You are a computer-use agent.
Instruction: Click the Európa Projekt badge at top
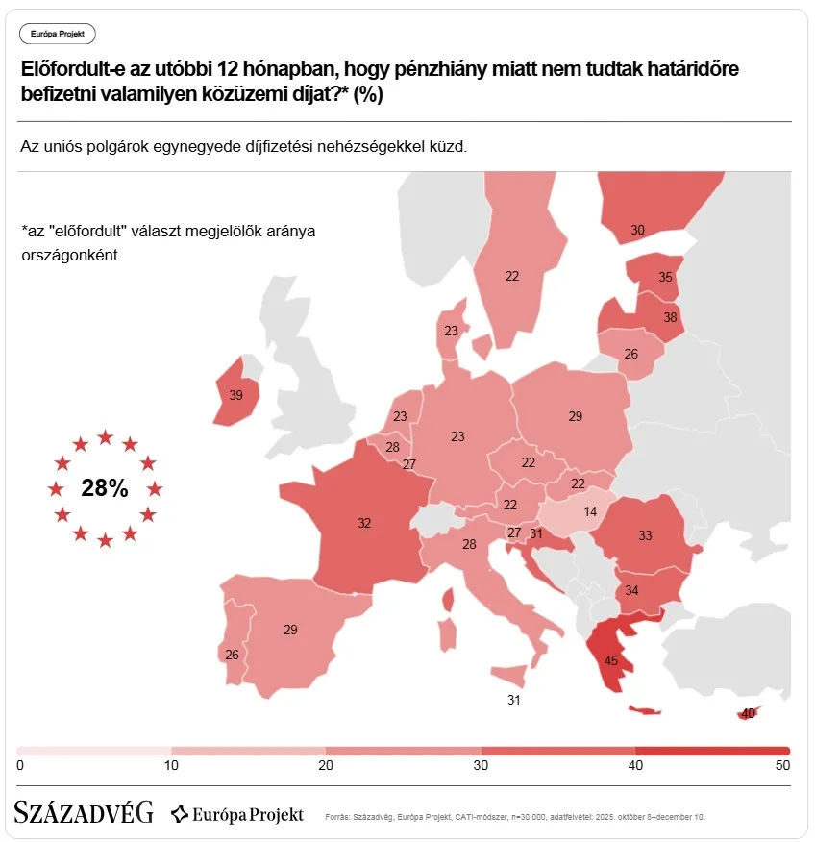pos(58,34)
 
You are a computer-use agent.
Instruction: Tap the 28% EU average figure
pos(105,487)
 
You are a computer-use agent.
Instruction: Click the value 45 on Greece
pos(610,660)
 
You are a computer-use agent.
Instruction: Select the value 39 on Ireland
pos(235,395)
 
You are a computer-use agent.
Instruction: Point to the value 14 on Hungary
pos(590,511)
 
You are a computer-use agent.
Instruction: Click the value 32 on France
pos(364,524)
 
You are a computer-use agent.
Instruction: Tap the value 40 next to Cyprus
pos(748,713)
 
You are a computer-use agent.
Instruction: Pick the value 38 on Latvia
pos(670,316)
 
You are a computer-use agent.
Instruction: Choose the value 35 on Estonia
pos(665,277)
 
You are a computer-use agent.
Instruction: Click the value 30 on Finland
pos(637,230)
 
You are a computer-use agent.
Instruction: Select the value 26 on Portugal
pos(232,655)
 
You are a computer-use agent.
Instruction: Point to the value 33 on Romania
pos(645,535)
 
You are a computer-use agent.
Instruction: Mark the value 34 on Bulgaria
pos(631,590)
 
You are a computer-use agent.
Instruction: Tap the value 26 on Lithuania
pos(630,354)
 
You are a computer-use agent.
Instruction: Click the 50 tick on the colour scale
pos(782,765)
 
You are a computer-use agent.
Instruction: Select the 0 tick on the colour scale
pos(20,765)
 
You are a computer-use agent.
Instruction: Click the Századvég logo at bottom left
pos(84,813)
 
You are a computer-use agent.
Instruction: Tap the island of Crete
pos(645,711)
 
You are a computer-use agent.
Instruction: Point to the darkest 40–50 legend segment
pos(712,750)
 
